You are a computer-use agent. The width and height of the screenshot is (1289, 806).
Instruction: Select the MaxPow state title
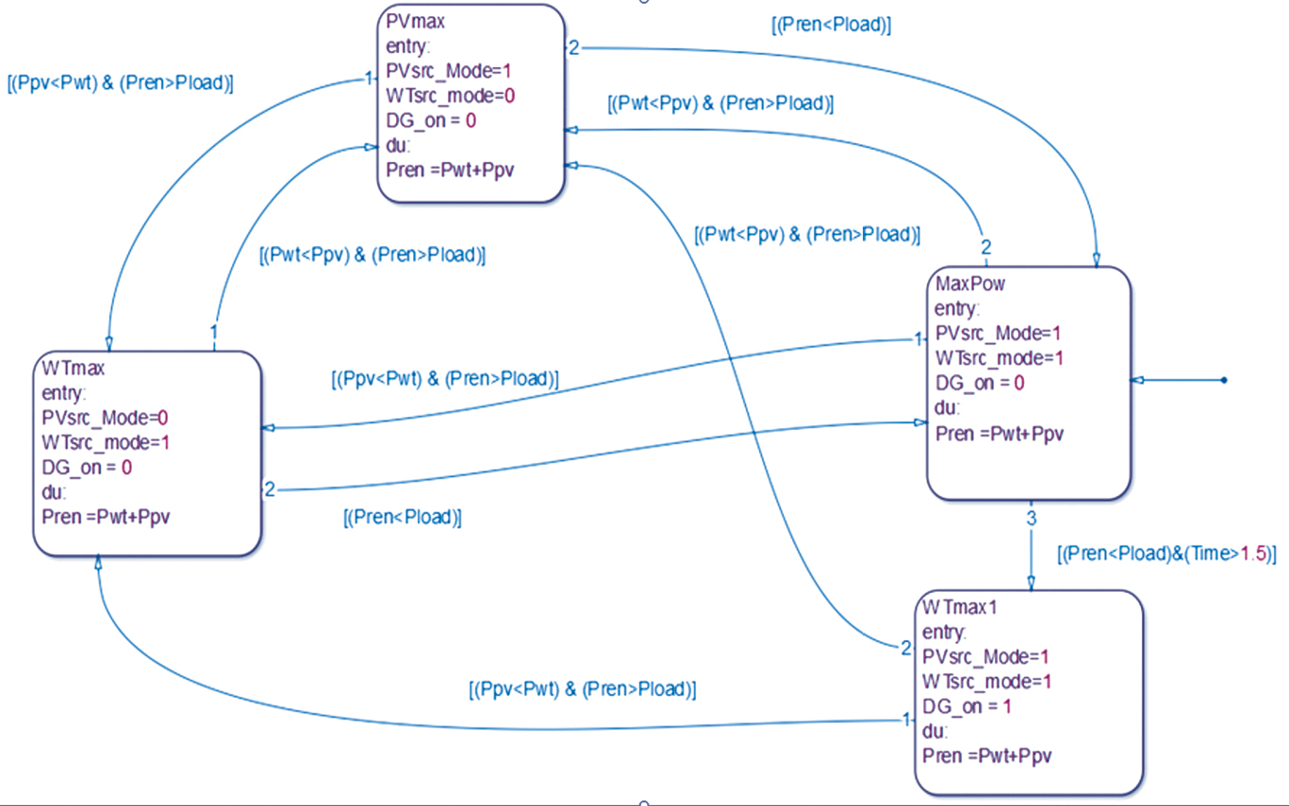coord(970,283)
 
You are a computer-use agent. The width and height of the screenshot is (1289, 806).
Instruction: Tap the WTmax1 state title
coord(960,606)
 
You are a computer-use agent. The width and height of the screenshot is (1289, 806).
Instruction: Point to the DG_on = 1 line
coord(967,706)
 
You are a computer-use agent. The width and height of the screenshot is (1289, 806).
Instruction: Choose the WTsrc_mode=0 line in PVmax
coord(451,95)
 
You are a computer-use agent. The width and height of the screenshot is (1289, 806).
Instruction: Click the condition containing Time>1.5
coord(1166,554)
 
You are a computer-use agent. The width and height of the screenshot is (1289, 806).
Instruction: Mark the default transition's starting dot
coord(1224,380)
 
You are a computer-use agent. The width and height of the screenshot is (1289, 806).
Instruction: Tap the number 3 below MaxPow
coord(1031,518)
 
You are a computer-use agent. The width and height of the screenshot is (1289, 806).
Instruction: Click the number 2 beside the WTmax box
coord(269,489)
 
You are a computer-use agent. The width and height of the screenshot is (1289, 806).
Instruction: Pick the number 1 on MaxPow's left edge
coord(918,339)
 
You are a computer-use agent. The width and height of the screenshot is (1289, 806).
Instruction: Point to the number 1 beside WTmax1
coord(907,719)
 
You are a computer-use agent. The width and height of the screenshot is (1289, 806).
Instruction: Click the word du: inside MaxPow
coord(948,408)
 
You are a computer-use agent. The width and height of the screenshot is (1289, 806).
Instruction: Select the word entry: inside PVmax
coord(408,45)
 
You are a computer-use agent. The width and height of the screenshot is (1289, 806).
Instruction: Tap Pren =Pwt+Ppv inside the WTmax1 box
coord(987,756)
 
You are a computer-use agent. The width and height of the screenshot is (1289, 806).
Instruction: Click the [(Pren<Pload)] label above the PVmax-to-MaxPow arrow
coord(831,25)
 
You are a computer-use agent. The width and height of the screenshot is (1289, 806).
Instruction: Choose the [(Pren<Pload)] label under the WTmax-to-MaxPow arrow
coord(403,518)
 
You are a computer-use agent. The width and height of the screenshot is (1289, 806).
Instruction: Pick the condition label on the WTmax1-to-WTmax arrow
coord(582,689)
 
